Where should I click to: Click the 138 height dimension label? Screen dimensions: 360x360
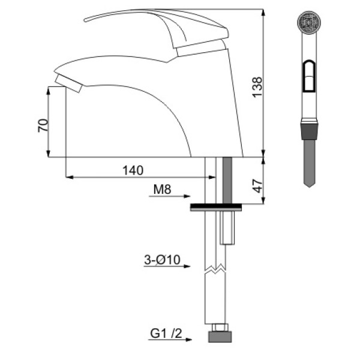(x=257, y=87)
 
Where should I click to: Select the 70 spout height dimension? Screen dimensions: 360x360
(x=43, y=125)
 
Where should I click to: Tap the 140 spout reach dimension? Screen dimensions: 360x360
(x=133, y=170)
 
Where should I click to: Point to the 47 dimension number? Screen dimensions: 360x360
(x=258, y=186)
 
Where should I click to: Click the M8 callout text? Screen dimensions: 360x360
(x=163, y=190)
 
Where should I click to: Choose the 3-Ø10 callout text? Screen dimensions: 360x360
(x=163, y=260)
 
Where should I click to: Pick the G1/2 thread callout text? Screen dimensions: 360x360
(x=166, y=334)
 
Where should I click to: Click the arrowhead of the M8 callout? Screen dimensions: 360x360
(x=187, y=196)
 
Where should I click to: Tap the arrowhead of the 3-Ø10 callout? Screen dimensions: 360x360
(x=187, y=266)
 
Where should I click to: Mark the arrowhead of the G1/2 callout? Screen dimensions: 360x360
(x=188, y=340)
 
